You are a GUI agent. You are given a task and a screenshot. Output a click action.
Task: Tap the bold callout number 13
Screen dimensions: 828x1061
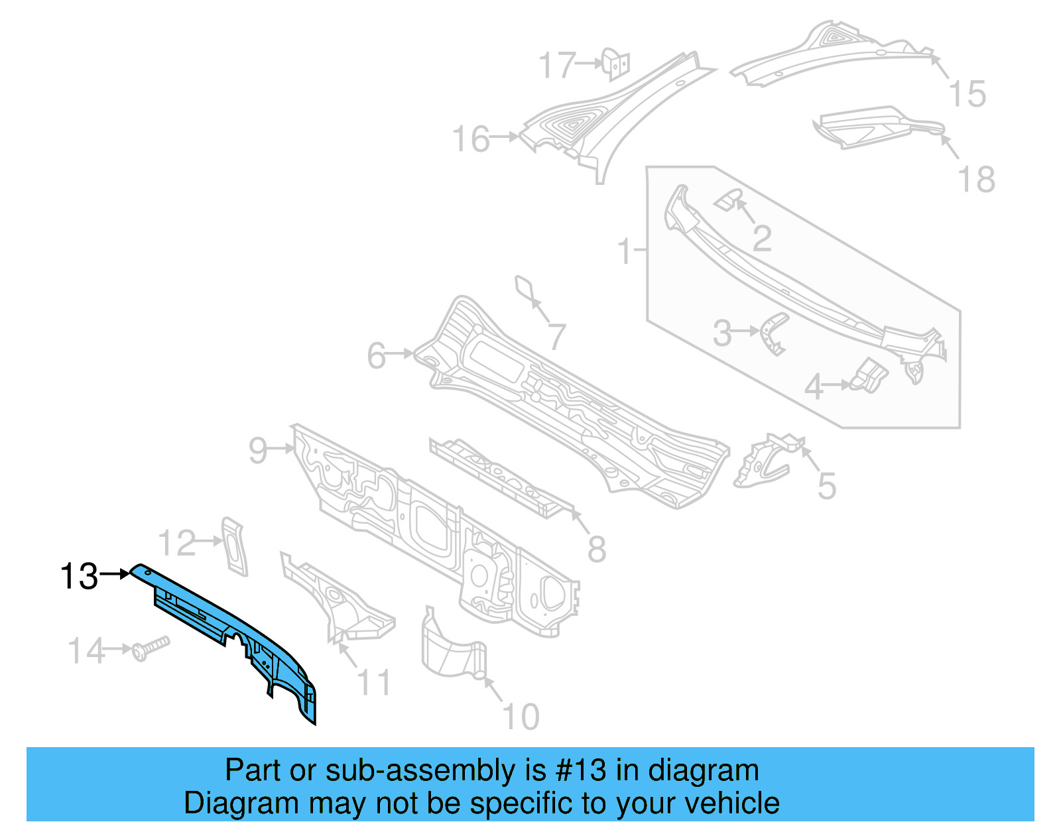coord(79,576)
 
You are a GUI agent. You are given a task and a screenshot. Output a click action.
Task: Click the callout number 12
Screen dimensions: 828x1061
coord(177,544)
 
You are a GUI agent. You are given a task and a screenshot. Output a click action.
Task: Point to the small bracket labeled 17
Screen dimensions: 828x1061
coord(616,64)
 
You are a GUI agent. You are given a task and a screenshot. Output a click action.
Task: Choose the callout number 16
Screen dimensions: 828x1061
coord(471,140)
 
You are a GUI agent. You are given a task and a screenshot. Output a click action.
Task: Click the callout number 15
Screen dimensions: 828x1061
coord(967,94)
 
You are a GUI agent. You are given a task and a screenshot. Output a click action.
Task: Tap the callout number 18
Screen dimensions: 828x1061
coord(977,180)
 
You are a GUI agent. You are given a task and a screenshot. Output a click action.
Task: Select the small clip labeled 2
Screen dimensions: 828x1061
coord(728,198)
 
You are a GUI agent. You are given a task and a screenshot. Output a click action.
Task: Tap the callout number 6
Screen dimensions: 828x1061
coord(377,356)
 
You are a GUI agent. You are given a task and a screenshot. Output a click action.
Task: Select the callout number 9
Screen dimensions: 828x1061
coord(258,451)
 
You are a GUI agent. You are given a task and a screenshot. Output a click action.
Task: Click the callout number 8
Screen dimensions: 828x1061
coord(597,549)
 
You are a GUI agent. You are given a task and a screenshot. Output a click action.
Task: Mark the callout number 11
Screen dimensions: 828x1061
coord(374,681)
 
